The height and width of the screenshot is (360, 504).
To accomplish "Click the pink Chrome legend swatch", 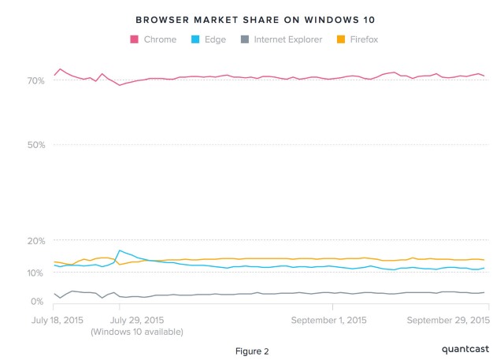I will tap(134, 39).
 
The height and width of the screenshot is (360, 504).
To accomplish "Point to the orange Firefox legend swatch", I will tap(340, 39).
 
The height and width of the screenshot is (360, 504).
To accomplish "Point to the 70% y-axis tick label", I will tap(37, 80).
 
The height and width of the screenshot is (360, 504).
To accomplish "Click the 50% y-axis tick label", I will tap(37, 145).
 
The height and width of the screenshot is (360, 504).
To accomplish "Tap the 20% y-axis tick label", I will tap(37, 240).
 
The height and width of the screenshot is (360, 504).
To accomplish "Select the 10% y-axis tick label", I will tap(37, 273).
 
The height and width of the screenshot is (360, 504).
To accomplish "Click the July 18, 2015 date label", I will tap(57, 321).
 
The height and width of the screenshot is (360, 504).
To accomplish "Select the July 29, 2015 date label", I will tap(137, 321).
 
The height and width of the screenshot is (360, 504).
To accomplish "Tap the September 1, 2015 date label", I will tap(328, 321).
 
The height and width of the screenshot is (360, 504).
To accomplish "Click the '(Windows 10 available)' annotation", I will tap(137, 332).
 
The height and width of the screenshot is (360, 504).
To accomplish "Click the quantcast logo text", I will tap(464, 347).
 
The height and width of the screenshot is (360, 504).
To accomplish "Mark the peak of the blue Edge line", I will tap(119, 251).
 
